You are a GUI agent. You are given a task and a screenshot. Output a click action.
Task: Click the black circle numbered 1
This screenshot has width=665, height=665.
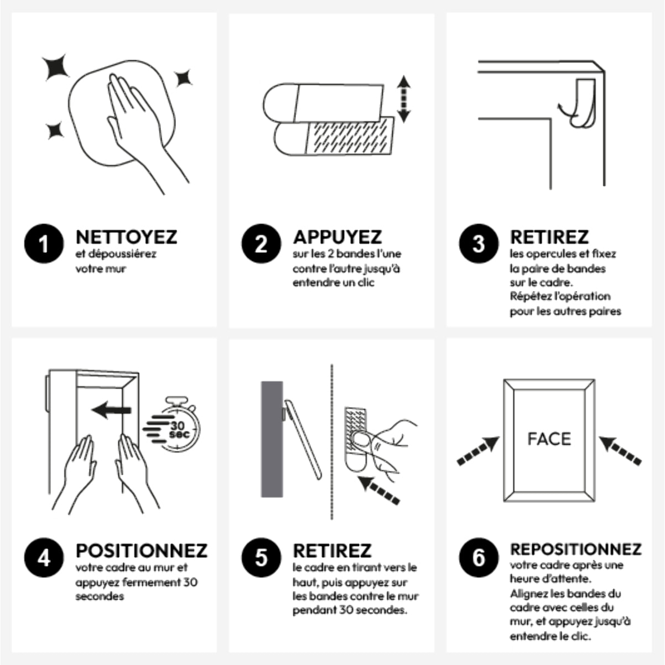click(x=44, y=243)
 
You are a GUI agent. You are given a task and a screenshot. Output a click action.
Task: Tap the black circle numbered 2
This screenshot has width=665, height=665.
click(x=262, y=243)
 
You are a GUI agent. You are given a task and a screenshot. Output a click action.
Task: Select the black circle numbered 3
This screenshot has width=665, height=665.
click(x=479, y=243)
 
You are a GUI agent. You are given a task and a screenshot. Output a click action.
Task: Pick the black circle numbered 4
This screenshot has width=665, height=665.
click(x=44, y=557)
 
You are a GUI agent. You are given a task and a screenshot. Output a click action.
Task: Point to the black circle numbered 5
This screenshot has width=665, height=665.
click(x=262, y=557)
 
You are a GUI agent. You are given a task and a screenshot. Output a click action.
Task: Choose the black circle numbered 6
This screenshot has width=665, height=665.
click(x=479, y=557)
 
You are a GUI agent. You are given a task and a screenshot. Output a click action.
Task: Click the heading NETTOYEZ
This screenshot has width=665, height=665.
click(x=126, y=237)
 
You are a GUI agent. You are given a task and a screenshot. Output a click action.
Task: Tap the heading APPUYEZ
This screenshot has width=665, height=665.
click(x=337, y=237)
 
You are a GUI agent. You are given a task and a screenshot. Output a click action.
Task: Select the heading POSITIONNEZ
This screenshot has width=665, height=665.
click(x=141, y=550)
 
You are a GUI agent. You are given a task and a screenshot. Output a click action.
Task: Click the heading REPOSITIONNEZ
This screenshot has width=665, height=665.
click(x=575, y=549)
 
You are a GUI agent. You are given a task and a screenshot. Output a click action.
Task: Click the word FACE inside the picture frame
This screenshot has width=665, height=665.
click(x=549, y=439)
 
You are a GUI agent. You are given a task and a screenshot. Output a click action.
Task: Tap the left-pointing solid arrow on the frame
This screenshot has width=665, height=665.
click(x=111, y=410)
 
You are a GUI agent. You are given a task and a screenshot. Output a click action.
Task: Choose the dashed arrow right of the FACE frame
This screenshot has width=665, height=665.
click(x=620, y=450)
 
